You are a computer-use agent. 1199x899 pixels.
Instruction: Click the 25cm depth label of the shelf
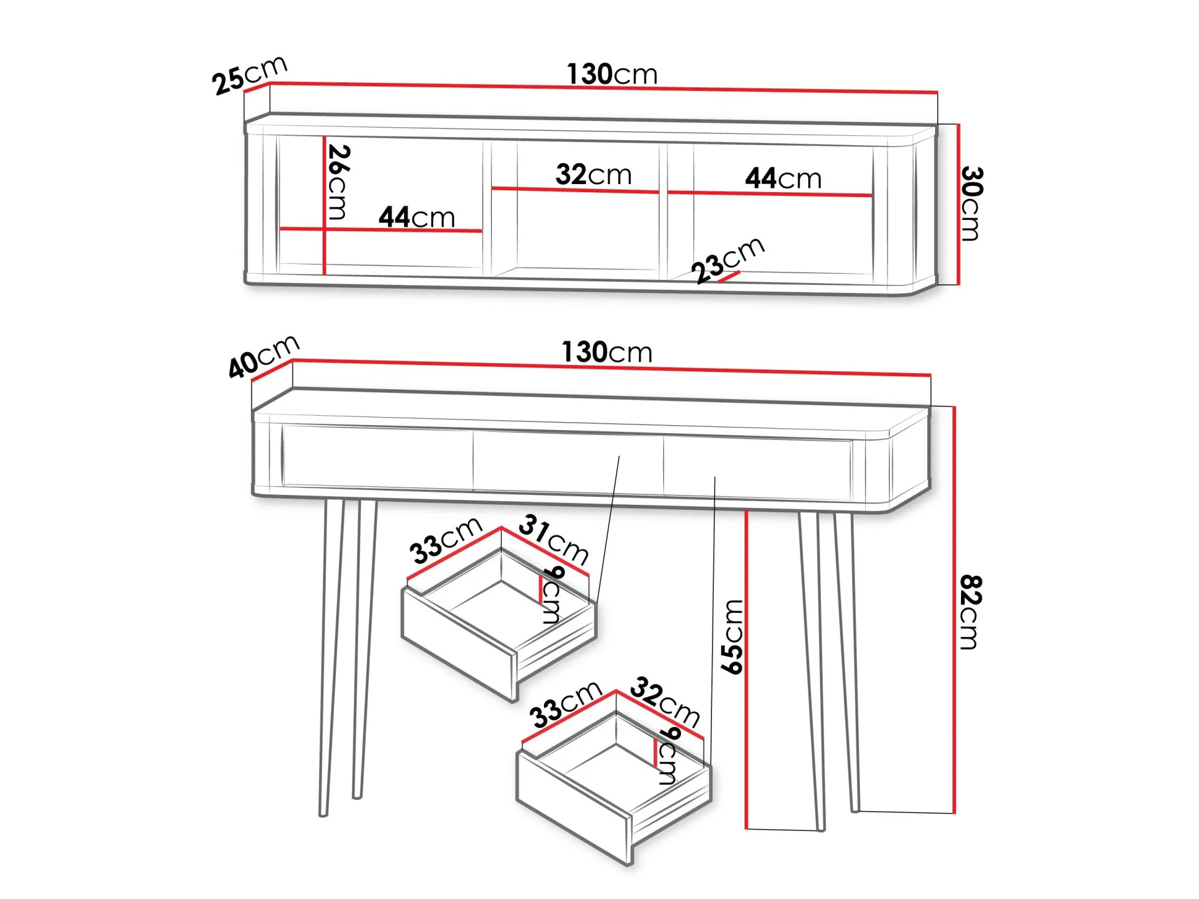coord(250,75)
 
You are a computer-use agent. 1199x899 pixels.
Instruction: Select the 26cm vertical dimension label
coord(338,182)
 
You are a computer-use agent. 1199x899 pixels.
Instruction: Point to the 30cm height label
coord(970,203)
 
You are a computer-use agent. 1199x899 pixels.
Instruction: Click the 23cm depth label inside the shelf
coord(728,260)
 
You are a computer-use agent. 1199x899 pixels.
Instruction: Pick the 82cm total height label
coord(970,612)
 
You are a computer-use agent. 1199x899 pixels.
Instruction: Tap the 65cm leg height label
coord(732,636)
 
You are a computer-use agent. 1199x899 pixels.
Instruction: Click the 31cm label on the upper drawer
coord(554,539)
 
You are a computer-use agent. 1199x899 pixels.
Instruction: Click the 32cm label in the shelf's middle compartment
coord(593,175)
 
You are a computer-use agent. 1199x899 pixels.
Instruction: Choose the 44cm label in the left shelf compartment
coord(417,217)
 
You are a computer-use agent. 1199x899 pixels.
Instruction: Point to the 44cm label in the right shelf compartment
coord(783,179)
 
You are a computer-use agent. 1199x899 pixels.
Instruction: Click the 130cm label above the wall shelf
coord(612,74)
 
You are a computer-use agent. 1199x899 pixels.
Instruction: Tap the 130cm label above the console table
coord(607,352)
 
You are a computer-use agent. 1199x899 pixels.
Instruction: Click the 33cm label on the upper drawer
coord(446,541)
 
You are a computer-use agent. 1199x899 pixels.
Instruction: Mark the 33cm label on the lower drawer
coord(566,704)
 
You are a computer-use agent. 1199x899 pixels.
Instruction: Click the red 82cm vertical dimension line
coord(954,610)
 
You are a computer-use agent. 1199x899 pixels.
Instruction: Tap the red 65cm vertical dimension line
coord(747,669)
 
